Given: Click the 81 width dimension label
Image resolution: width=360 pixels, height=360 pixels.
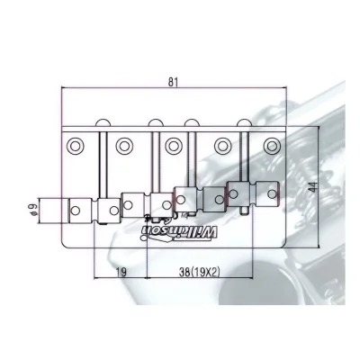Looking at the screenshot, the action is tap(173, 82).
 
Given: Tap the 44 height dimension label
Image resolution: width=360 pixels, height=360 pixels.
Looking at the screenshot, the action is tap(313, 187).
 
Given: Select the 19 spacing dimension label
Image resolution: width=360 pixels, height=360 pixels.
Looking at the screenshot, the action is tap(121, 272).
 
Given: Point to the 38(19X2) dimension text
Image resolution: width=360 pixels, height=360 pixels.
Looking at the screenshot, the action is tap(200, 272).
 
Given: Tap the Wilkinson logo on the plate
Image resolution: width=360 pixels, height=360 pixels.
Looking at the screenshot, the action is tap(179, 232).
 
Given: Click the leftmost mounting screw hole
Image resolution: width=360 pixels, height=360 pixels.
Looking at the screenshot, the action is tap(74, 146).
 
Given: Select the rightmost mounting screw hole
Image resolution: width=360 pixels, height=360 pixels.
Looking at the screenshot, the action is tap(271, 146).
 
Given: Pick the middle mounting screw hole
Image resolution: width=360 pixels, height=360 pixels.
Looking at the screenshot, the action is tap(172, 146).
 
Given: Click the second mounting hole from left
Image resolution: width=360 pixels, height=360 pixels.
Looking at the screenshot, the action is tap(123, 146).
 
